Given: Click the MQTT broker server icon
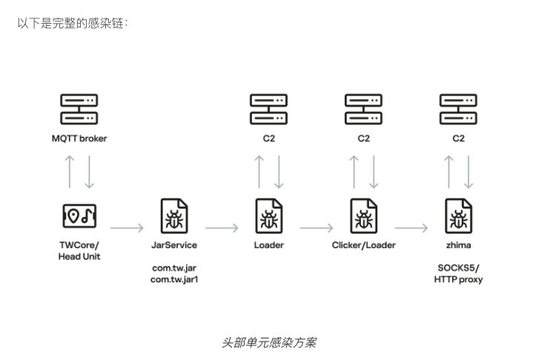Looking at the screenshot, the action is pyautogui.click(x=79, y=109).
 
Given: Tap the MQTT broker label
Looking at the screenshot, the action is pyautogui.click(x=79, y=139).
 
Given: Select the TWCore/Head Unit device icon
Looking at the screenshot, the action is pyautogui.click(x=79, y=216).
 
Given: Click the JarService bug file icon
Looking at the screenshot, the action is pyautogui.click(x=174, y=216).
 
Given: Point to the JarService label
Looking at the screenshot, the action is pyautogui.click(x=174, y=245).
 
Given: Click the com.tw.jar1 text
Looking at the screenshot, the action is pyautogui.click(x=174, y=279).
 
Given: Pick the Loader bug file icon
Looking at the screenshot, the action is pyautogui.click(x=269, y=216).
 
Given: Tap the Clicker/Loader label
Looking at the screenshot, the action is pyautogui.click(x=363, y=245).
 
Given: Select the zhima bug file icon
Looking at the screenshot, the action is pyautogui.click(x=458, y=216).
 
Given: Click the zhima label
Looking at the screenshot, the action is pyautogui.click(x=458, y=245).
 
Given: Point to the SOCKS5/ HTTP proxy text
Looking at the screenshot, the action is pyautogui.click(x=458, y=273).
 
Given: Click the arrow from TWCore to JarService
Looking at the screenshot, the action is pyautogui.click(x=127, y=228).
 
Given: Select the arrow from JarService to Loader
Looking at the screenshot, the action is pyautogui.click(x=222, y=228).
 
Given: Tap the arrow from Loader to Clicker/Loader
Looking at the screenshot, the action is pyautogui.click(x=316, y=228).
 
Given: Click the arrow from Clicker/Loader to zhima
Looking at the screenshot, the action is pyautogui.click(x=411, y=228).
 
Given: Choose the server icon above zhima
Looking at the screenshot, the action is pyautogui.click(x=458, y=109).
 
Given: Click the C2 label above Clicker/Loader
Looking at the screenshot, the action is pyautogui.click(x=363, y=139).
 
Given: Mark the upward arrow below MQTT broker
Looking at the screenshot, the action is pyautogui.click(x=70, y=172).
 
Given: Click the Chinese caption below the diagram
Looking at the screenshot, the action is pyautogui.click(x=269, y=342).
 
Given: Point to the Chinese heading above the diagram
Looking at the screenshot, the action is pyautogui.click(x=73, y=24).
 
